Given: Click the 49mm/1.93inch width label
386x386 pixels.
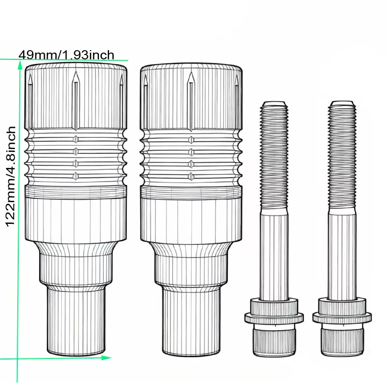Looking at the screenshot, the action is (67, 55).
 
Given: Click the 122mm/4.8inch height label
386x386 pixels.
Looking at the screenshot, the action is (10, 177).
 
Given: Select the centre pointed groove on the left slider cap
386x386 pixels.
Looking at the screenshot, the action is (76, 100).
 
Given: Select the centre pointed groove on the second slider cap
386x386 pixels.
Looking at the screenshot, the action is (191, 101).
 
